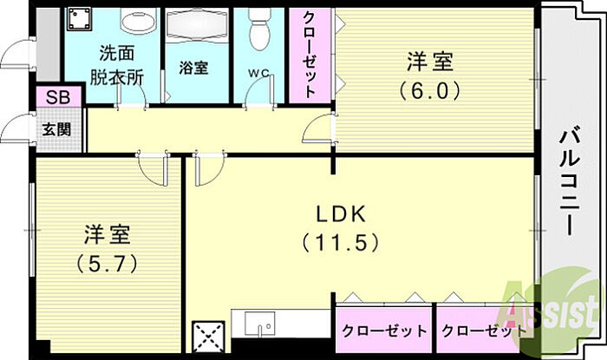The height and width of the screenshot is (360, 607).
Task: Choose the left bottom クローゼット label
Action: point(384,331)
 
